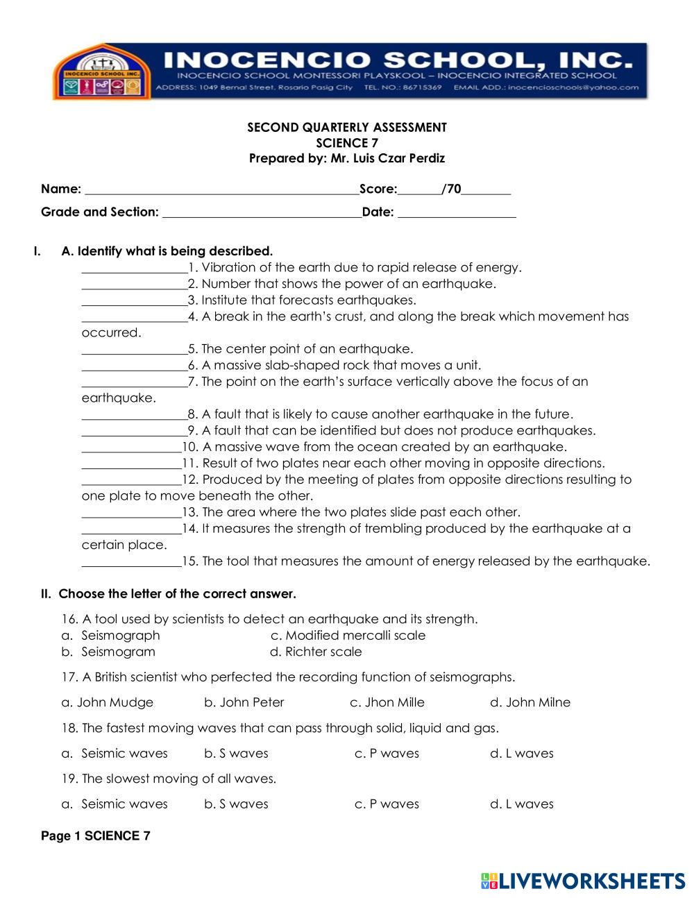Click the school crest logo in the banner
(100, 72)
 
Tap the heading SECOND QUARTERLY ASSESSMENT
(347, 128)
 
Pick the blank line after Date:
(457, 213)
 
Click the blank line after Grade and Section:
(262, 213)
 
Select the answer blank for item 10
(131, 448)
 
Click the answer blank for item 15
(131, 563)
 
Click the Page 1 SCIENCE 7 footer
(96, 836)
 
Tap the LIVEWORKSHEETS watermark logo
(583, 881)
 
